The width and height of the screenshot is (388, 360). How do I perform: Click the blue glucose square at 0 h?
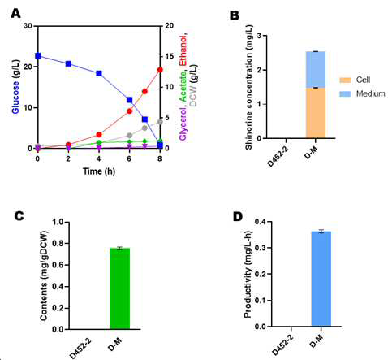tap(38, 55)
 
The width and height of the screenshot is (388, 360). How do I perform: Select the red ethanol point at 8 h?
tap(160, 70)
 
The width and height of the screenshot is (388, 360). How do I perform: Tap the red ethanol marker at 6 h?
tap(129, 111)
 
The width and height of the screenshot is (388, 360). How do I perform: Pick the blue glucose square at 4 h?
tap(99, 73)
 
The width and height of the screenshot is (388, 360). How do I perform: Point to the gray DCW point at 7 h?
tap(144, 128)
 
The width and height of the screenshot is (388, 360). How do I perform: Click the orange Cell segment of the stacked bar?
tap(316, 113)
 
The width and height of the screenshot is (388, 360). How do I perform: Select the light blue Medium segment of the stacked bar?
tap(316, 70)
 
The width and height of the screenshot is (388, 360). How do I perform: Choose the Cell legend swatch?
tap(345, 80)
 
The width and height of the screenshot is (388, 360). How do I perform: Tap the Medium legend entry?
tap(362, 93)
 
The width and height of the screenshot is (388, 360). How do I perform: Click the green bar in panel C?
tap(119, 288)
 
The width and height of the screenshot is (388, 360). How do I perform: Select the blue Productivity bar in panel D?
tap(321, 279)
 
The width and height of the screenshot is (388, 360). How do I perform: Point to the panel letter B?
tap(235, 15)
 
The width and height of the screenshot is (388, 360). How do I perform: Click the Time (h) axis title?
tap(99, 171)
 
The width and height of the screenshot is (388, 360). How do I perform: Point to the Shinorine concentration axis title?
tap(248, 87)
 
